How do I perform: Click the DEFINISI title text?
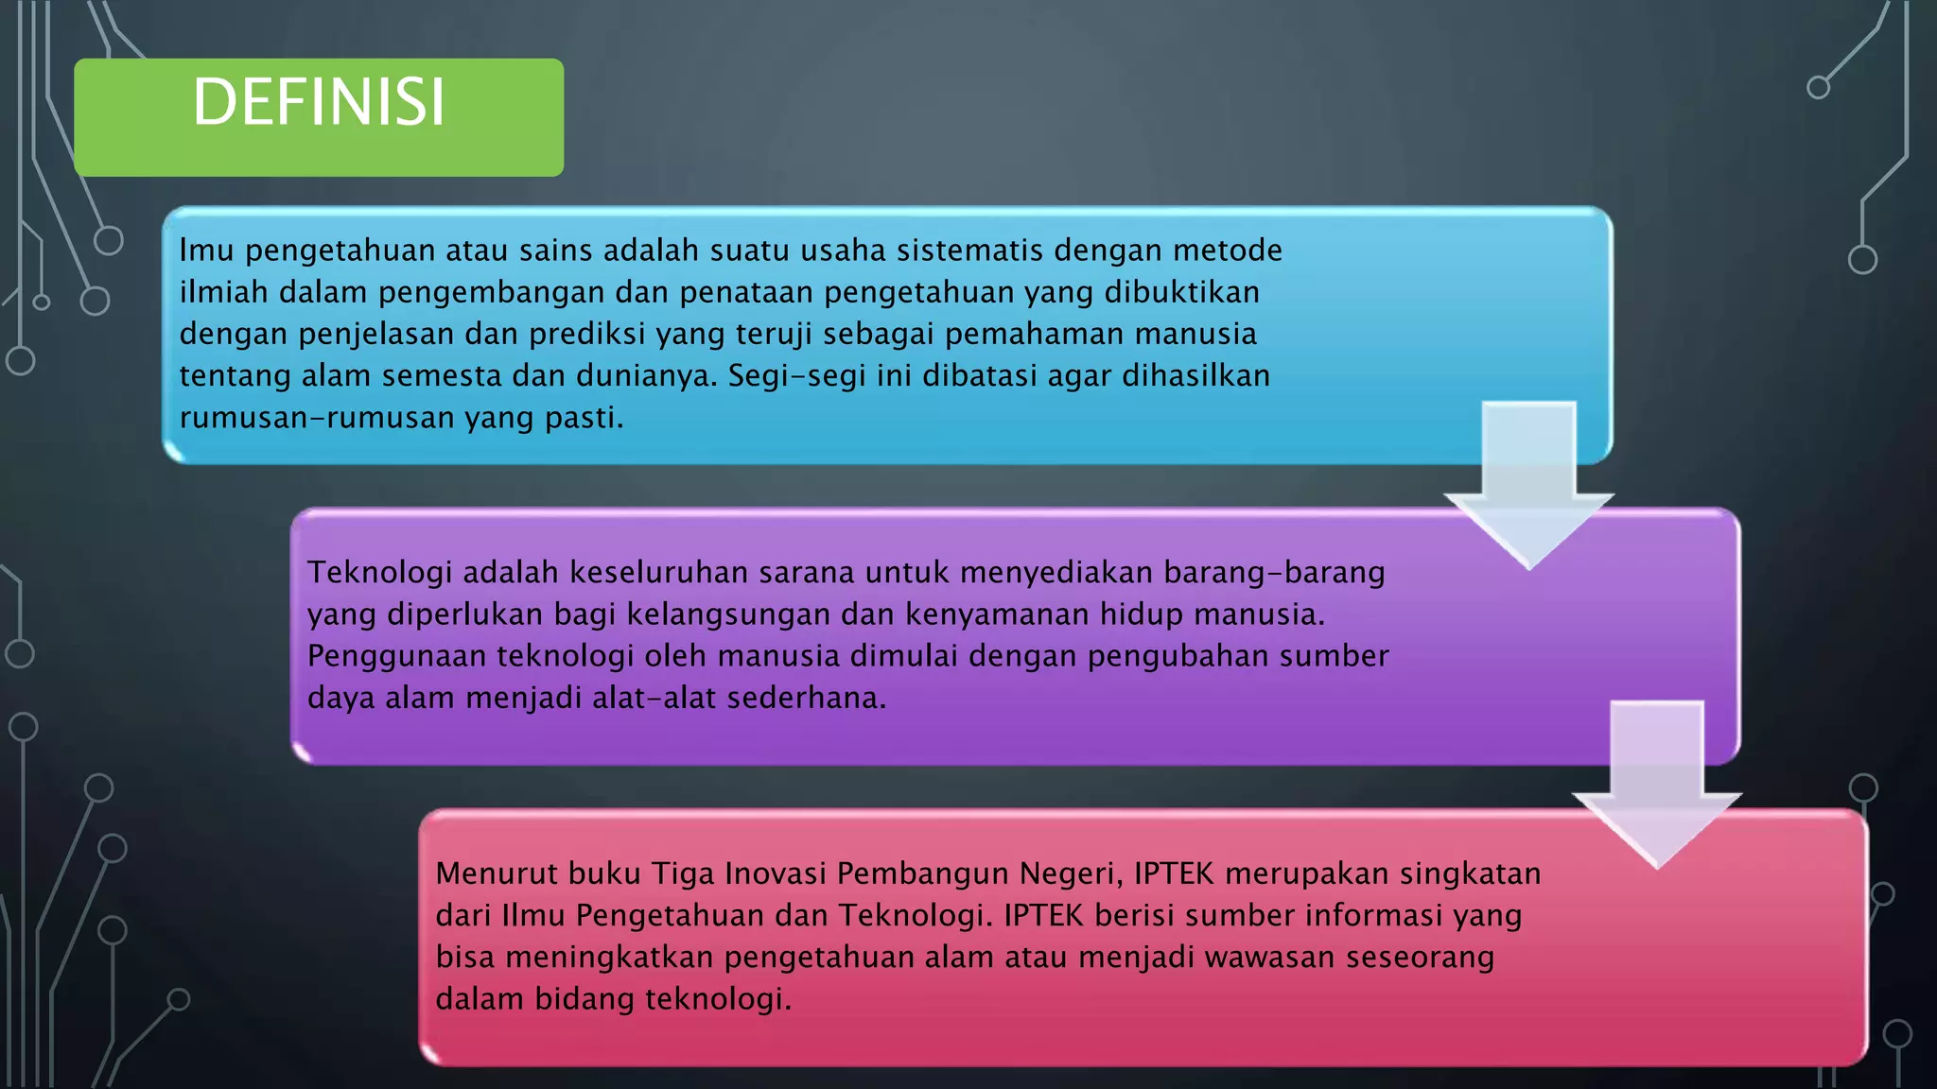[x=319, y=102]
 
